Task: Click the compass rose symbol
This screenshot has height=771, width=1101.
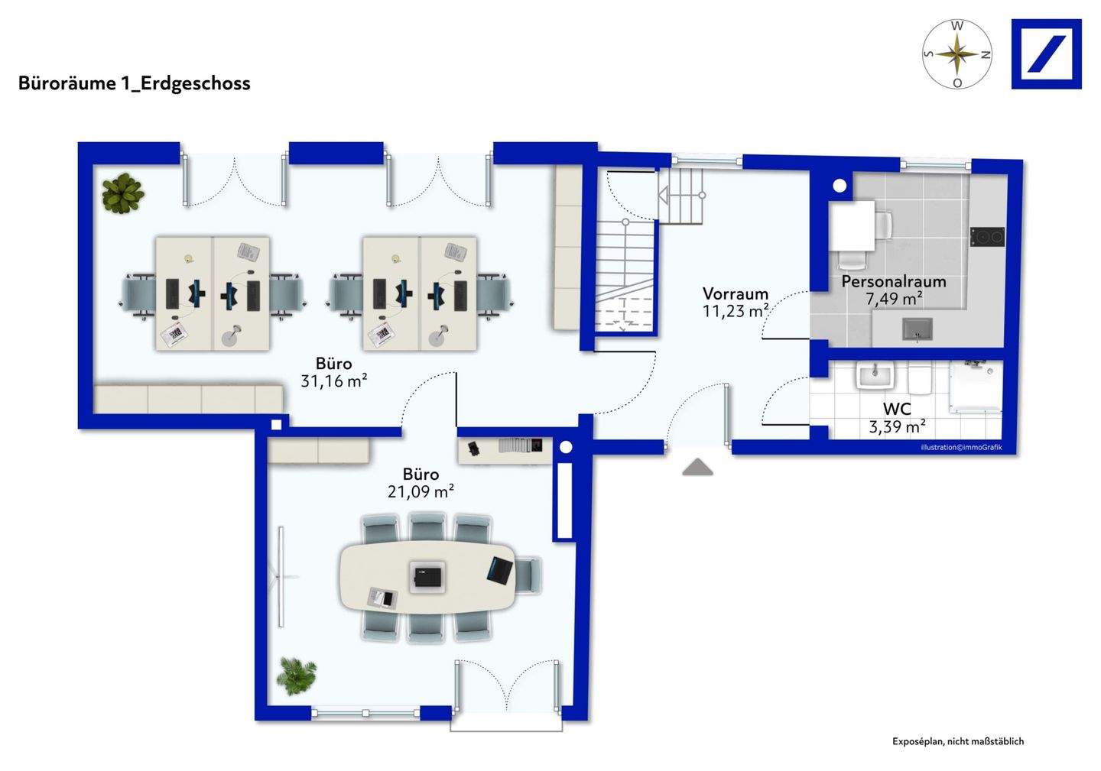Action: point(956,53)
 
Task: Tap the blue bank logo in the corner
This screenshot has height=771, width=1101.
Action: point(1046,53)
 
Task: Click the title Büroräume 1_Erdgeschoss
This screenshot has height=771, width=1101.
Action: point(135,83)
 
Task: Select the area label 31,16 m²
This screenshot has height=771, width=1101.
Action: point(333,381)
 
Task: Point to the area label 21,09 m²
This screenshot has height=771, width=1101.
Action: point(421,491)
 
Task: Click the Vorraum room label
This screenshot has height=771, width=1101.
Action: point(735,293)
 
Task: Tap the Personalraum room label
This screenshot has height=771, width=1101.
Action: point(893,281)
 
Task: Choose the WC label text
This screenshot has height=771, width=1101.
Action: point(897,410)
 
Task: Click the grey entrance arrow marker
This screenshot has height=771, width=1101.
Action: point(697,468)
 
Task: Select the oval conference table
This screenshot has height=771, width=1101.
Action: point(428,577)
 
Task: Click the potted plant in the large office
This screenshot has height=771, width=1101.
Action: point(122,193)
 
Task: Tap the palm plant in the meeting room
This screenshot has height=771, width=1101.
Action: point(296,675)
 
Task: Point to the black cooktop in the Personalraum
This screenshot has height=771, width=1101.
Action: point(986,237)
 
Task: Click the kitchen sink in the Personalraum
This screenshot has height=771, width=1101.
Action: point(917,329)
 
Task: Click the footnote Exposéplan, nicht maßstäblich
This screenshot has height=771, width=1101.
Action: point(957,741)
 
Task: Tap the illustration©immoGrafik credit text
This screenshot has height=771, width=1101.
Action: point(960,447)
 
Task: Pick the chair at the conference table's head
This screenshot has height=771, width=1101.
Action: point(528,575)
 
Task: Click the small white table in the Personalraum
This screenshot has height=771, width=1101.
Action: point(852,225)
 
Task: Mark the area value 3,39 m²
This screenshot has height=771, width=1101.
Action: point(897,426)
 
